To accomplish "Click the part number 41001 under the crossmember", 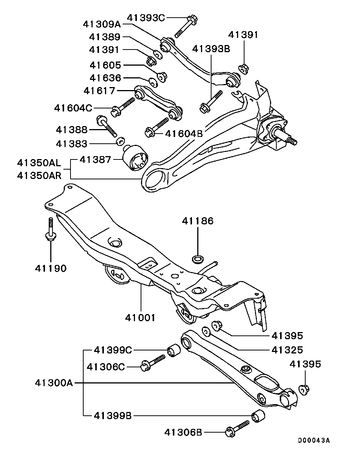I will point(140,317).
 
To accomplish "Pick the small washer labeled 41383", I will point(120,141).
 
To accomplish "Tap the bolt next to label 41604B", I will point(157,126).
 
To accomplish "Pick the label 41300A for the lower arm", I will point(54,383).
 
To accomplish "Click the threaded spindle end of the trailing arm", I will point(289,140).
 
